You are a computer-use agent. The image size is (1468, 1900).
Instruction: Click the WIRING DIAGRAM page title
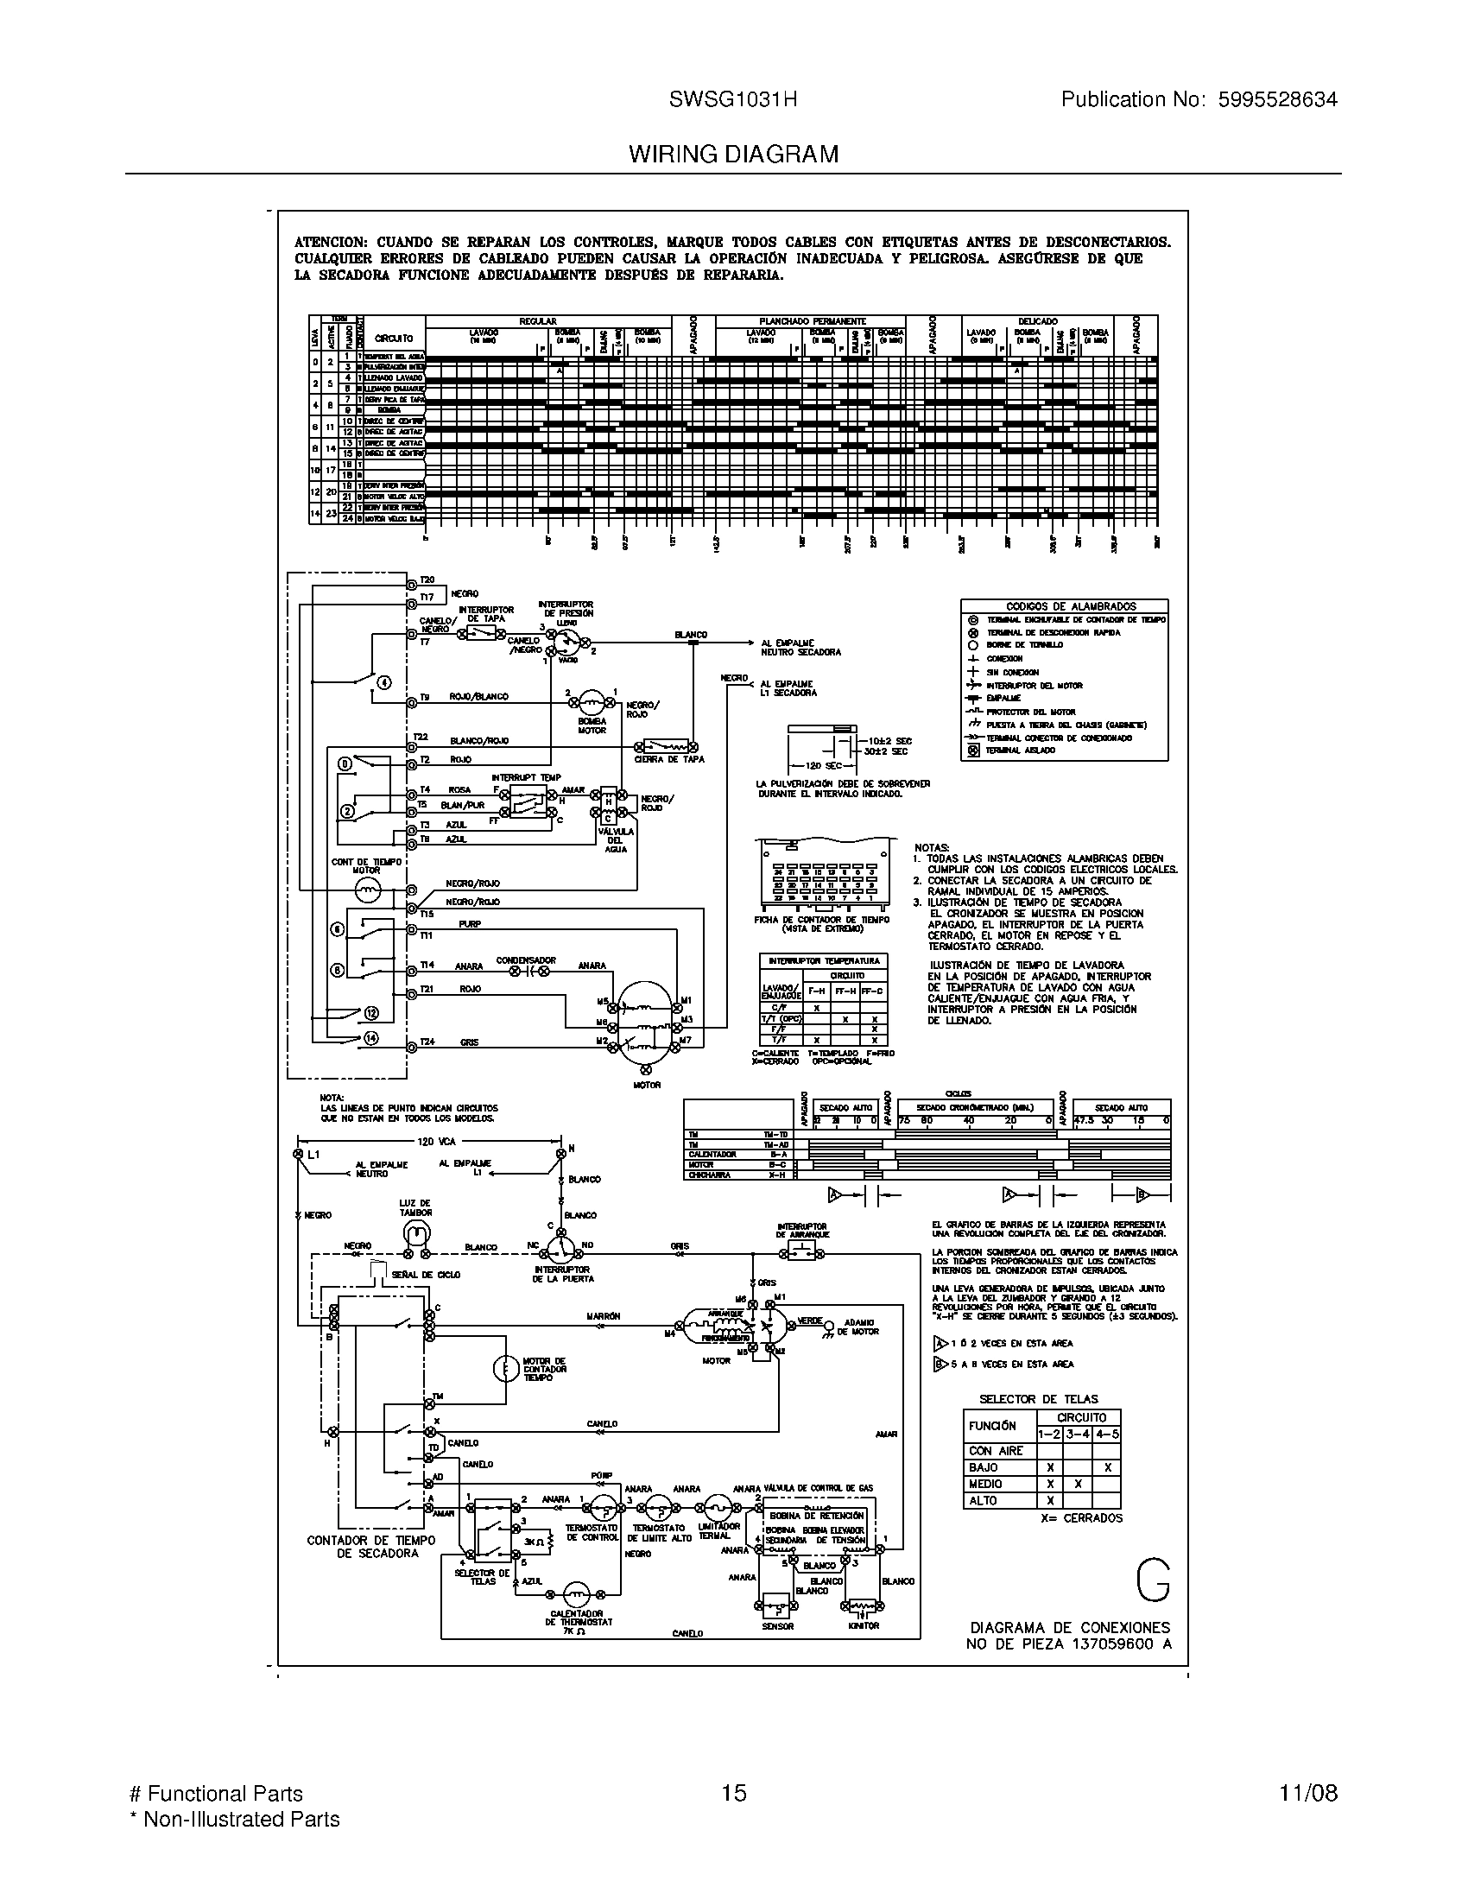point(733,154)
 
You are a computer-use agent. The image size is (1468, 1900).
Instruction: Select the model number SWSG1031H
point(732,100)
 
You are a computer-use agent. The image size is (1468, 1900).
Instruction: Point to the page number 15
point(733,1793)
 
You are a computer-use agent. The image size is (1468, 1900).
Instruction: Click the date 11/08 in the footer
point(1308,1793)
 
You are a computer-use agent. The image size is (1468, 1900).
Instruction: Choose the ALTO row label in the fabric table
point(984,1501)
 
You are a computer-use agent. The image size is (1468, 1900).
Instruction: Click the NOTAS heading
point(932,846)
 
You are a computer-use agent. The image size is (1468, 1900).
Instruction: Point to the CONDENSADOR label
point(525,960)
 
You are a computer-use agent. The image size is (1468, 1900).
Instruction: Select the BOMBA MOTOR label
point(592,725)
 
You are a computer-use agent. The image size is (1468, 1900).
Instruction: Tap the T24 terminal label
point(426,1042)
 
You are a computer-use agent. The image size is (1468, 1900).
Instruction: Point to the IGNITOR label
point(863,1625)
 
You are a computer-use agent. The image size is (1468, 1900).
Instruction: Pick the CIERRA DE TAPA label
point(668,759)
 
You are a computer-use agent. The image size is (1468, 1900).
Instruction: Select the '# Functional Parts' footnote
point(216,1793)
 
